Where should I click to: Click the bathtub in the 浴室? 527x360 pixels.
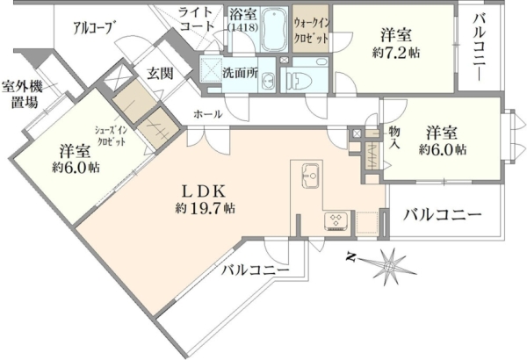pyautogui.click(x=274, y=29)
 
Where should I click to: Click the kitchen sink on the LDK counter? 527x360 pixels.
pyautogui.click(x=310, y=176)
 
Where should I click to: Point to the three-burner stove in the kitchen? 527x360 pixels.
pyautogui.click(x=336, y=221)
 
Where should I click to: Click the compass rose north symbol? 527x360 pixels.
pyautogui.click(x=351, y=257)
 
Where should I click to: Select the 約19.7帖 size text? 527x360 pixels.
pyautogui.click(x=205, y=208)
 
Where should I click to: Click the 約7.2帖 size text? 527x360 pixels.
pyautogui.click(x=396, y=53)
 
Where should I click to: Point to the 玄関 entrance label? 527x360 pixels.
pyautogui.click(x=161, y=73)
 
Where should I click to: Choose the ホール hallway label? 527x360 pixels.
pyautogui.click(x=207, y=114)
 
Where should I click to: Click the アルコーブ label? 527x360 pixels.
pyautogui.click(x=93, y=27)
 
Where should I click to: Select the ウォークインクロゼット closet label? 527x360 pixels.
pyautogui.click(x=312, y=31)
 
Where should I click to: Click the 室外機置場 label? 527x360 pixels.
pyautogui.click(x=23, y=95)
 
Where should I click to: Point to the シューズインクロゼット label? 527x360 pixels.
pyautogui.click(x=112, y=135)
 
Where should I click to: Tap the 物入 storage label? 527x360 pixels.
pyautogui.click(x=394, y=138)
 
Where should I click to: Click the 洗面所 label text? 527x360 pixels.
pyautogui.click(x=240, y=73)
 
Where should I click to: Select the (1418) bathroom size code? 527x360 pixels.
pyautogui.click(x=242, y=27)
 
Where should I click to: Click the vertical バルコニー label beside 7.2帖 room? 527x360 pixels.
pyautogui.click(x=480, y=47)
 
